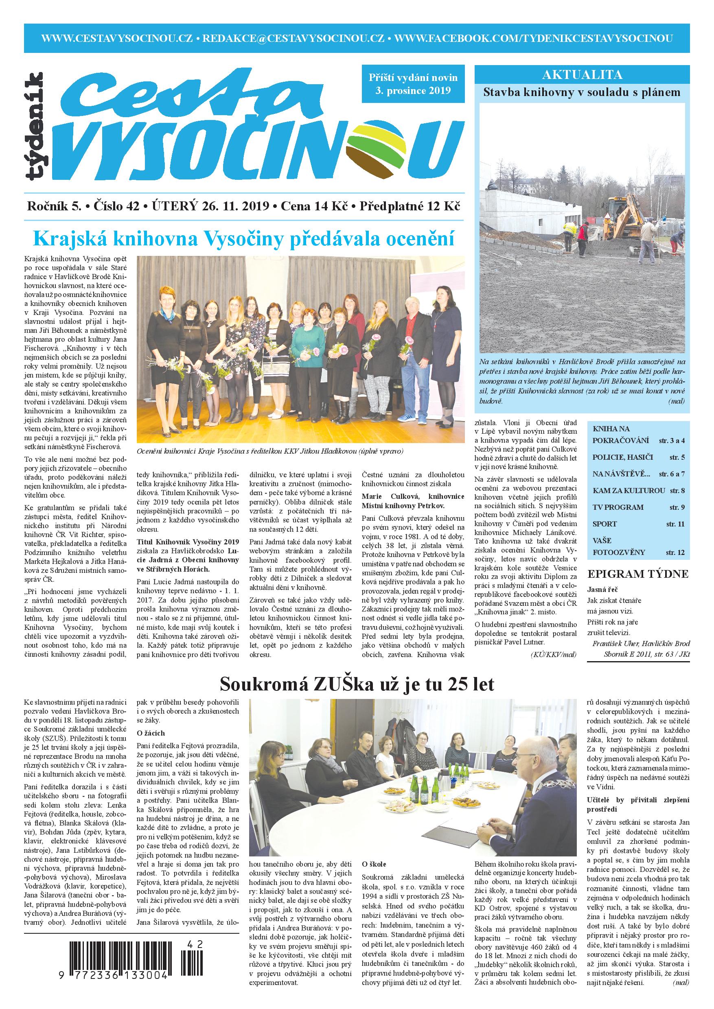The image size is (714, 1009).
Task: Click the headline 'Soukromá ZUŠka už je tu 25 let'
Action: coord(357,684)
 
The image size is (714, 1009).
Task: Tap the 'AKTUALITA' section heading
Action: coord(582,75)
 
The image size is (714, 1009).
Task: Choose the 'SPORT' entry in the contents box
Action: coord(604,524)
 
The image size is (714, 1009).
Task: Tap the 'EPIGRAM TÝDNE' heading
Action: coord(637,574)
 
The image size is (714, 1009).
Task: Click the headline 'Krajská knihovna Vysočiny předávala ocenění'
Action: coord(243,239)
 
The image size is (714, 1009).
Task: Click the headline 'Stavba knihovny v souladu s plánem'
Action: coord(582,93)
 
